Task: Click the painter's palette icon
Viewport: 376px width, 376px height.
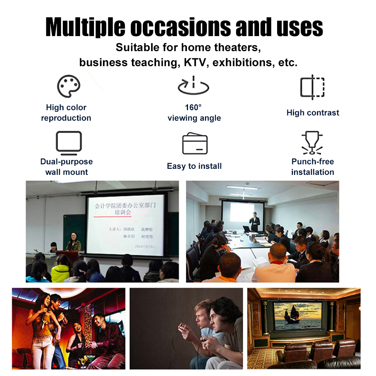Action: click(x=68, y=86)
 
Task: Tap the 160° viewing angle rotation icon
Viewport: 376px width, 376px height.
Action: click(x=194, y=86)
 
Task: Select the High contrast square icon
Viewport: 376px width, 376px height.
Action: click(x=312, y=87)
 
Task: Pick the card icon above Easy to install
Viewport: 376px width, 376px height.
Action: click(x=195, y=143)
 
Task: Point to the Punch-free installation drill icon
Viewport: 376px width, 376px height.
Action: click(x=312, y=143)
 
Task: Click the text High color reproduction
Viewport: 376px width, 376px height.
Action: click(x=66, y=112)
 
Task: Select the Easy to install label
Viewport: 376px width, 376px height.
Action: click(x=194, y=166)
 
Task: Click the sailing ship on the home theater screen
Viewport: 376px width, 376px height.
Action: click(x=291, y=315)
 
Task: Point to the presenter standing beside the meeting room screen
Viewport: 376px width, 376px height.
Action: click(x=255, y=222)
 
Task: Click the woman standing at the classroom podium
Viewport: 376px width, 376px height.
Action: click(x=73, y=242)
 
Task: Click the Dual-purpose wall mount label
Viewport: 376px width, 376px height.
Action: click(x=67, y=167)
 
